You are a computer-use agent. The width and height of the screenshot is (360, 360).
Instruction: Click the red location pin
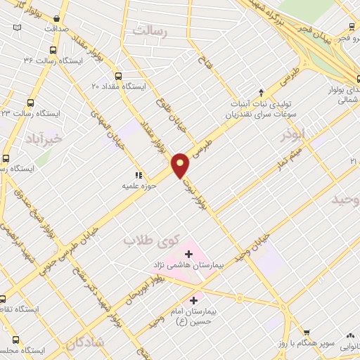pos(181,165)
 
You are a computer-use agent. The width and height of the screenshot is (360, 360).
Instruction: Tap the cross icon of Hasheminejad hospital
pos(188,253)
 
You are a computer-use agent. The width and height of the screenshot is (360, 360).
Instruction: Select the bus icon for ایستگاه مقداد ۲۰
pos(117,76)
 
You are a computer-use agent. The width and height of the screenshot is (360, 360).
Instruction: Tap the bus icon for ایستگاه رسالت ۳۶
pos(53,50)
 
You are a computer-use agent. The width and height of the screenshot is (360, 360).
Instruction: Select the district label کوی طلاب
pos(149,240)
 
